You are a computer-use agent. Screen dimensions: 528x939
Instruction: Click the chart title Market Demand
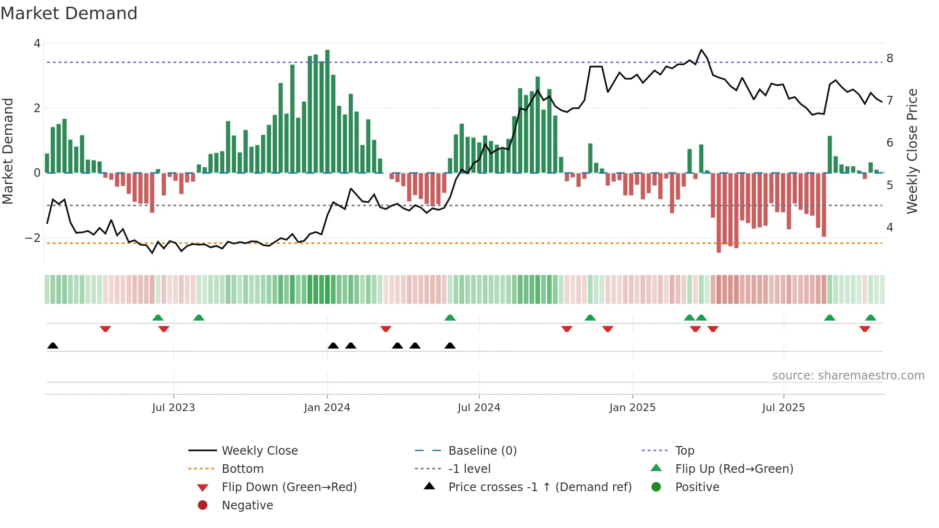click(69, 13)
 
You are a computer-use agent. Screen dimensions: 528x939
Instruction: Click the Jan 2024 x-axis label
click(327, 408)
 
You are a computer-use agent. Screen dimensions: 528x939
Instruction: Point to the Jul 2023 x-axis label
click(173, 408)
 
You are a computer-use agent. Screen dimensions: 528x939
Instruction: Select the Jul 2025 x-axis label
click(783, 408)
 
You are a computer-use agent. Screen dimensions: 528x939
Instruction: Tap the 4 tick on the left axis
click(37, 44)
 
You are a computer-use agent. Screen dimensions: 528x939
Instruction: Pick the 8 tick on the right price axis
click(890, 58)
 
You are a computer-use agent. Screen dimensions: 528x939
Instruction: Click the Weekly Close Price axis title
click(912, 151)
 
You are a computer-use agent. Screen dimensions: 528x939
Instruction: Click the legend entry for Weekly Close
click(259, 450)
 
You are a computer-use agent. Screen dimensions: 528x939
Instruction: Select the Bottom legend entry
click(242, 469)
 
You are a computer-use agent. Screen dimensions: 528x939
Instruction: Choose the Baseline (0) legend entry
click(482, 450)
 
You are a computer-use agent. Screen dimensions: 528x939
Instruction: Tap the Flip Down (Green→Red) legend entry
click(289, 487)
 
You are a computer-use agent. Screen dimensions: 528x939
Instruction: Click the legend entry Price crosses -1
click(539, 487)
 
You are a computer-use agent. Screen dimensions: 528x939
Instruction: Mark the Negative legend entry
click(247, 505)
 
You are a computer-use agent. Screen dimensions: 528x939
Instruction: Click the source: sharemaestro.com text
click(848, 375)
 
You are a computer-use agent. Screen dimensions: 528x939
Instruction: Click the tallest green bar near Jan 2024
click(327, 110)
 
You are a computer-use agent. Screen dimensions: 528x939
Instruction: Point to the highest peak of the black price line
click(701, 50)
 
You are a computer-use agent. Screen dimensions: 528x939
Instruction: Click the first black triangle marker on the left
click(53, 345)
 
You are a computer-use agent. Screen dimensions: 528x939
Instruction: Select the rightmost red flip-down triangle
click(865, 329)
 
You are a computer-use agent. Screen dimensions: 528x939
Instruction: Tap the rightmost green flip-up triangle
click(870, 317)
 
